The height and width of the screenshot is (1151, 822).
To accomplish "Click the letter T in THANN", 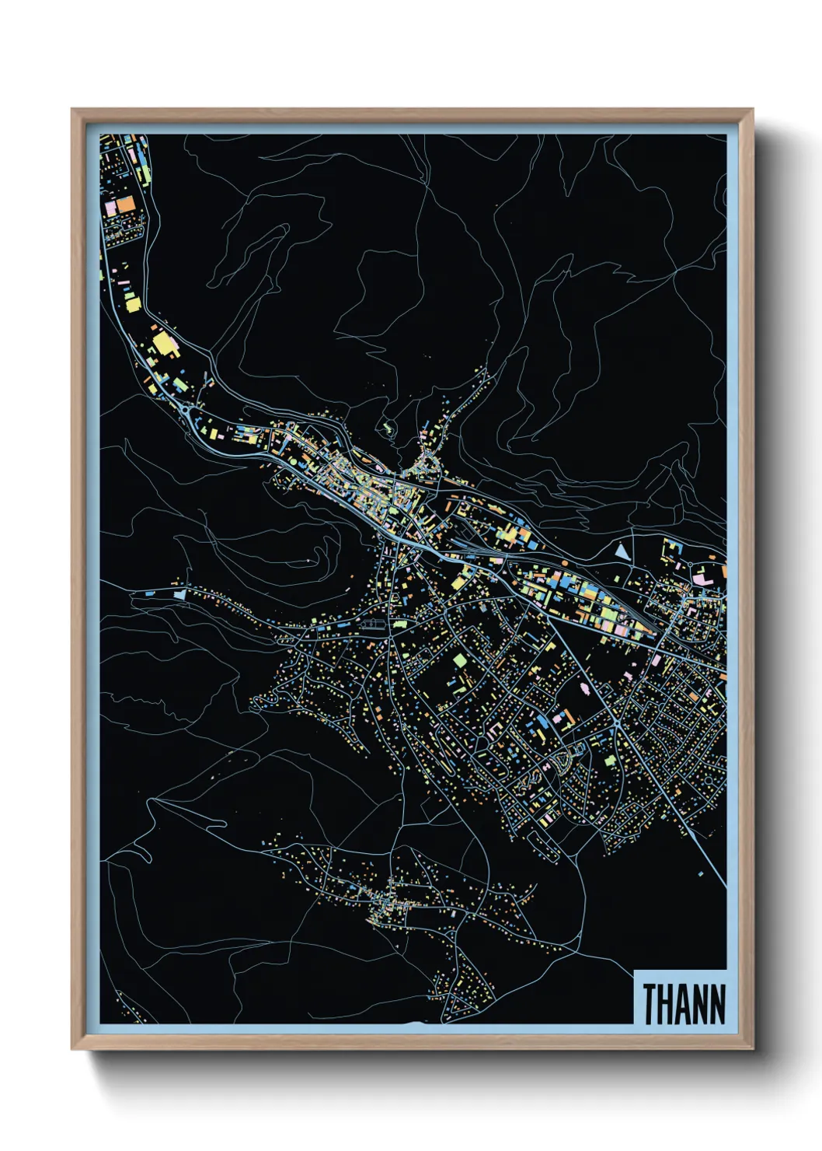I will tap(650, 1005).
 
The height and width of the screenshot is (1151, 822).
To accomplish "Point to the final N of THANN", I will tap(717, 1005).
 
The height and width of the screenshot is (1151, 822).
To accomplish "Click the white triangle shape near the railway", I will tap(622, 551).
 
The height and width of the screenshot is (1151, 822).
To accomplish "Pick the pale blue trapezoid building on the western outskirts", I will tap(180, 594).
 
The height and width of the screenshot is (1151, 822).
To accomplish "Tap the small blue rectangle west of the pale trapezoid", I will tap(148, 593).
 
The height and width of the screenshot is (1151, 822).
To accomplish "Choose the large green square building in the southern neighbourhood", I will tap(459, 660).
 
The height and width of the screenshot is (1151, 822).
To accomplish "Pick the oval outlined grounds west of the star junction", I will tap(373, 623).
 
